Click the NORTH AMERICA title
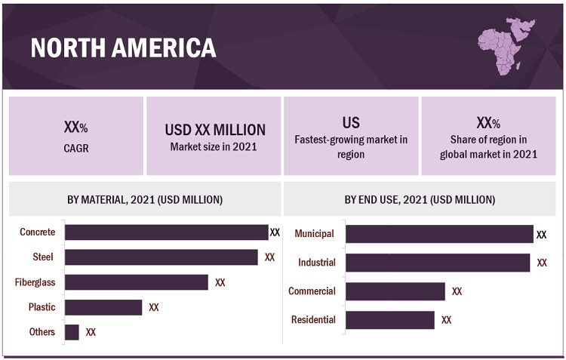123,48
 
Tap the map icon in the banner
505,48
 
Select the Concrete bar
166,232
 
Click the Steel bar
161,257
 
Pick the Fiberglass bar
136,282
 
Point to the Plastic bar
103,307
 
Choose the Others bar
72,332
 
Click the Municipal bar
439,234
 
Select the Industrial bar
438,263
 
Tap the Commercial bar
395,291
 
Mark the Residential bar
390,320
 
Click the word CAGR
76,149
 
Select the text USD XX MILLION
215,130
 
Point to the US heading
351,122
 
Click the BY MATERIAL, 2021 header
145,200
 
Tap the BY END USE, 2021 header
420,200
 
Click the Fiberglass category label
35,282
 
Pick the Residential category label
313,320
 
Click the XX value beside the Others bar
91,332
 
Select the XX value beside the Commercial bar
457,291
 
